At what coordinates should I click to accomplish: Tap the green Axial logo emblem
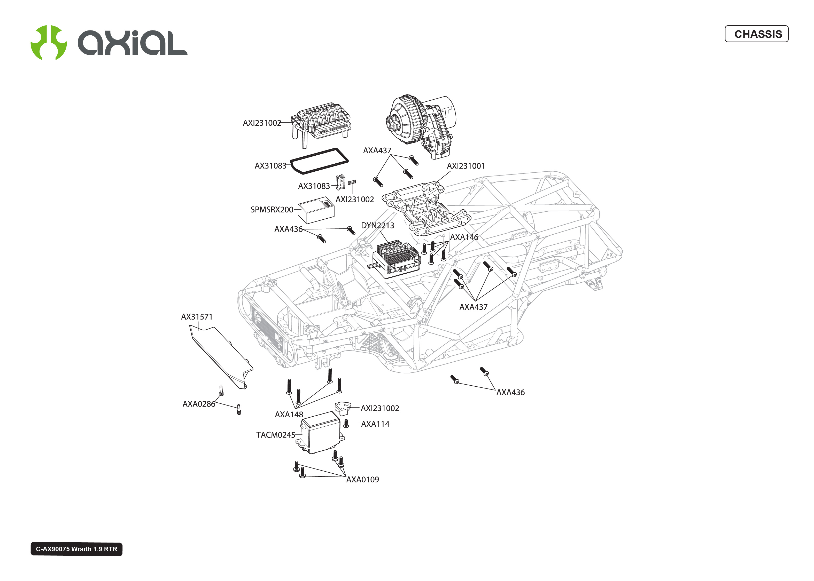tap(48, 43)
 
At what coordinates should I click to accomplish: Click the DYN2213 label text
tap(377, 225)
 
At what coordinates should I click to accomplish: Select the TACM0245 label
tap(275, 435)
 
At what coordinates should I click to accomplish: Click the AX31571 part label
tap(197, 317)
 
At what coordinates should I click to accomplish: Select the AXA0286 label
tap(199, 404)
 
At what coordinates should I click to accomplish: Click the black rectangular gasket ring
tap(319, 161)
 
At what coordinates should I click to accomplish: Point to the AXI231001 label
tap(465, 166)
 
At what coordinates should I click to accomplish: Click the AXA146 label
tap(464, 237)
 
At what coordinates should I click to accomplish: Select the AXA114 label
tap(375, 424)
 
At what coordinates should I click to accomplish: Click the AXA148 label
tap(289, 414)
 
